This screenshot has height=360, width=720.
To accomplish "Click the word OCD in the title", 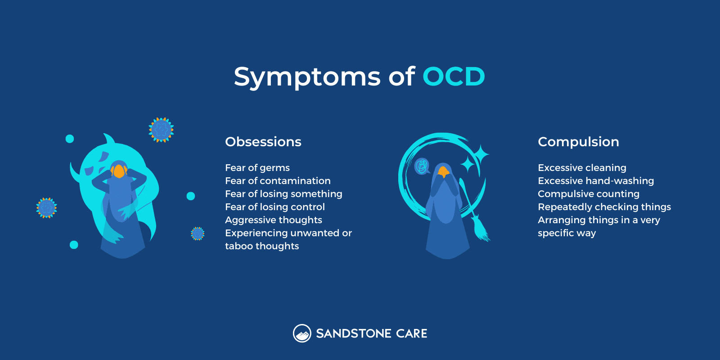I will click(454, 76).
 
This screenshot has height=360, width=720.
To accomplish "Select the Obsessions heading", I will click(263, 142).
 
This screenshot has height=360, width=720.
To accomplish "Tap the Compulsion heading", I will click(578, 142).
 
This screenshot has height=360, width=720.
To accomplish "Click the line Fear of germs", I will click(257, 168).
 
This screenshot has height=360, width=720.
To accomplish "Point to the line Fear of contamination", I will click(278, 181).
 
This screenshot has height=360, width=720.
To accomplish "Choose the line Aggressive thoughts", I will click(274, 220).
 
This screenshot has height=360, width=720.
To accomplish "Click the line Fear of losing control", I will click(275, 207).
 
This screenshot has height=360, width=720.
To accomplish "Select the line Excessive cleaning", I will click(582, 168).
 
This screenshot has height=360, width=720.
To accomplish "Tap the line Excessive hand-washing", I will click(596, 181).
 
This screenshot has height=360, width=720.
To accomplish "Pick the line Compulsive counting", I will click(589, 194).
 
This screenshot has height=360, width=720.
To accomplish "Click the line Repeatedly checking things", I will click(604, 207).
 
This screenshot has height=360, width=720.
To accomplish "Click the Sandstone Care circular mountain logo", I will click(302, 333).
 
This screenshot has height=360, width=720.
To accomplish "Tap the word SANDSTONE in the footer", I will click(353, 333).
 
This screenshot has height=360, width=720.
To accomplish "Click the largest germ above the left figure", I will click(161, 130).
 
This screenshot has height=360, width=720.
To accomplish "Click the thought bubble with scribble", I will click(422, 166).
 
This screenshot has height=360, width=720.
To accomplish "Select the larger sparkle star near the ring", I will click(481, 155).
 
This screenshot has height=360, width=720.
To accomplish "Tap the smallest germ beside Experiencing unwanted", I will click(198, 234).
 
